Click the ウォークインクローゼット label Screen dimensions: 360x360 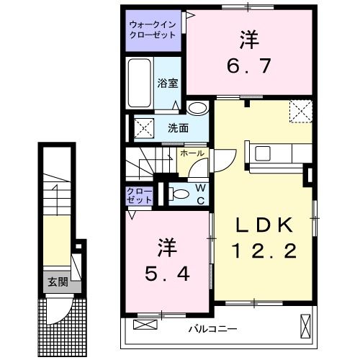coord(153,30)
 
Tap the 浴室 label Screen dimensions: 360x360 coord(168,83)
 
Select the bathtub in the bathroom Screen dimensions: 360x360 coord(140,83)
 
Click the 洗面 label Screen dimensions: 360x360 coord(178,128)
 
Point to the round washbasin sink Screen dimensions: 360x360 coord(197,108)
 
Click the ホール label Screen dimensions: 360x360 coord(192,153)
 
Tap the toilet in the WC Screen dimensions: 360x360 coord(179,194)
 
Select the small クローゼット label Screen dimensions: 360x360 coord(140,196)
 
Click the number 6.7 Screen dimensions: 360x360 coord(249,66)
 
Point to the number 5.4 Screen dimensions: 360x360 coord(167,274)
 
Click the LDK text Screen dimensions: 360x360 coord(264,225)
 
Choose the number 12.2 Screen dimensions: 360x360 coord(264,251)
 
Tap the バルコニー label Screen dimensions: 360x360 coord(212,328)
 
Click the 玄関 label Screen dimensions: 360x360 coord(58,282)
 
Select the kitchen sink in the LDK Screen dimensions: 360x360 coord(263,153)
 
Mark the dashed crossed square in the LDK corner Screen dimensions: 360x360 coord(301,112)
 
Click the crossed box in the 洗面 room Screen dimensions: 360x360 coord(144,128)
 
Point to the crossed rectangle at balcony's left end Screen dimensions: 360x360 coord(145,325)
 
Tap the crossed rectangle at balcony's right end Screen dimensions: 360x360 coord(305,326)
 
